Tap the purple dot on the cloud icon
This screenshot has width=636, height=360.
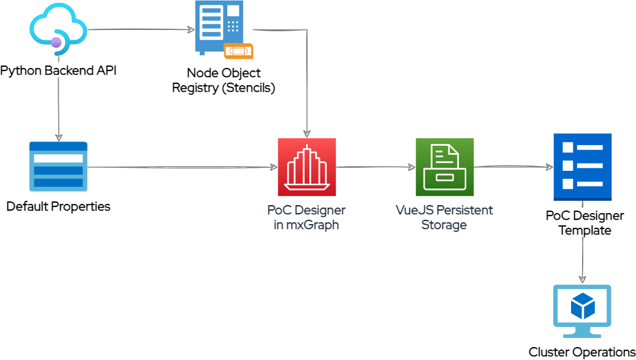[x=56, y=43]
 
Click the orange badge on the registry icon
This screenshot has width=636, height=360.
[x=238, y=51]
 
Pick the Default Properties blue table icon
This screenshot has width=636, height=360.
[x=58, y=167]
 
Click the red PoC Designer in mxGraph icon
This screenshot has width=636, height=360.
[x=306, y=167]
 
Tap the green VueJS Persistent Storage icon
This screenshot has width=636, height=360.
[x=444, y=167]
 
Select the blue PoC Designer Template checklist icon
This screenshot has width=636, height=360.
[x=582, y=167]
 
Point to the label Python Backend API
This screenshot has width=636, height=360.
[x=58, y=70]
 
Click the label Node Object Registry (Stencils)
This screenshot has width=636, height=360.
[x=224, y=80]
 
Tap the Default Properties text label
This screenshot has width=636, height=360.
[x=58, y=206]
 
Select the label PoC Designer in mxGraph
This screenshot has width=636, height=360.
[x=306, y=217]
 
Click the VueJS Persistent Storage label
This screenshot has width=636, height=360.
[x=444, y=217]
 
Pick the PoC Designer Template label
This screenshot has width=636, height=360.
[x=585, y=223]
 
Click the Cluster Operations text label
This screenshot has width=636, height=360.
[x=582, y=352]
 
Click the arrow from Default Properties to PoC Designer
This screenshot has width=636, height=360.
[x=184, y=167]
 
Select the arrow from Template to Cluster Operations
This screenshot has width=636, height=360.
[x=582, y=257]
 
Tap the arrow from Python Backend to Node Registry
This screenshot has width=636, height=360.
[x=138, y=29]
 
